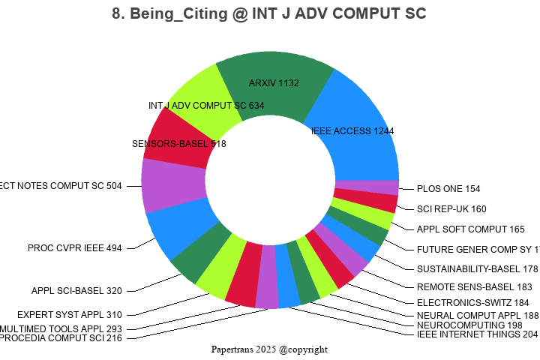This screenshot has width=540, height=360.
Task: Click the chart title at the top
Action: [269, 14]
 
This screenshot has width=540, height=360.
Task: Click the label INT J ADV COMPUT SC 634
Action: [206, 106]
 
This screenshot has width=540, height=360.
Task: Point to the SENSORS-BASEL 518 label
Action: [178, 143]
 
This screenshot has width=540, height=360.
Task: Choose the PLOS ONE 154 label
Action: [450, 189]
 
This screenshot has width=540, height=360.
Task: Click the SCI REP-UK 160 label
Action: [451, 209]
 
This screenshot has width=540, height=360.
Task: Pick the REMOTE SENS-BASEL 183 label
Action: [474, 287]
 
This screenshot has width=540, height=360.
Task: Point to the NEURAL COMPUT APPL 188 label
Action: [478, 316]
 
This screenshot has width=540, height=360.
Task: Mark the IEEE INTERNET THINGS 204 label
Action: [477, 334]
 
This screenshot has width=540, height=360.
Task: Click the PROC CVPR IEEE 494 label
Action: [74, 247]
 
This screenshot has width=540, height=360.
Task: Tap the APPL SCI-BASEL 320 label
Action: [76, 291]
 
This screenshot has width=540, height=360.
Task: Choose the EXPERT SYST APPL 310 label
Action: [70, 315]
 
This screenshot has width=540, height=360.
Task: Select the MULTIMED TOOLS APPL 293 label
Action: [61, 328]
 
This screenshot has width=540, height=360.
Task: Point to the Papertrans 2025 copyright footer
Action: [269, 349]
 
